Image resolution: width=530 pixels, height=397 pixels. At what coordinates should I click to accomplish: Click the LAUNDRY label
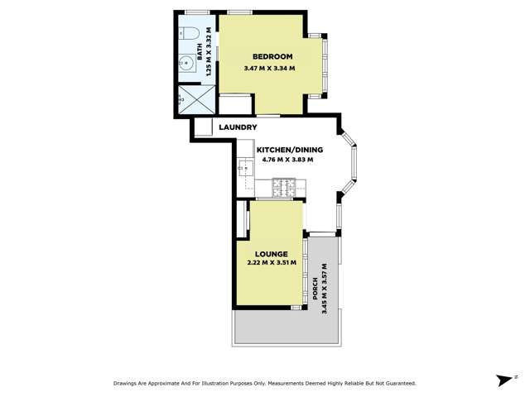(238, 127)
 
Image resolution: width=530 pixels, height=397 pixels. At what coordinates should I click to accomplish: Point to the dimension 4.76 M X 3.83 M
(287, 160)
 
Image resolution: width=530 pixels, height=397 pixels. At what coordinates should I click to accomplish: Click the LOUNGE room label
(272, 253)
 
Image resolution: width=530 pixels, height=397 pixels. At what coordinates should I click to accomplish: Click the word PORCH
(316, 286)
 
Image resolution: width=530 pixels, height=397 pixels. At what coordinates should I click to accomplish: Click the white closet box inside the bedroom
(234, 105)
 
